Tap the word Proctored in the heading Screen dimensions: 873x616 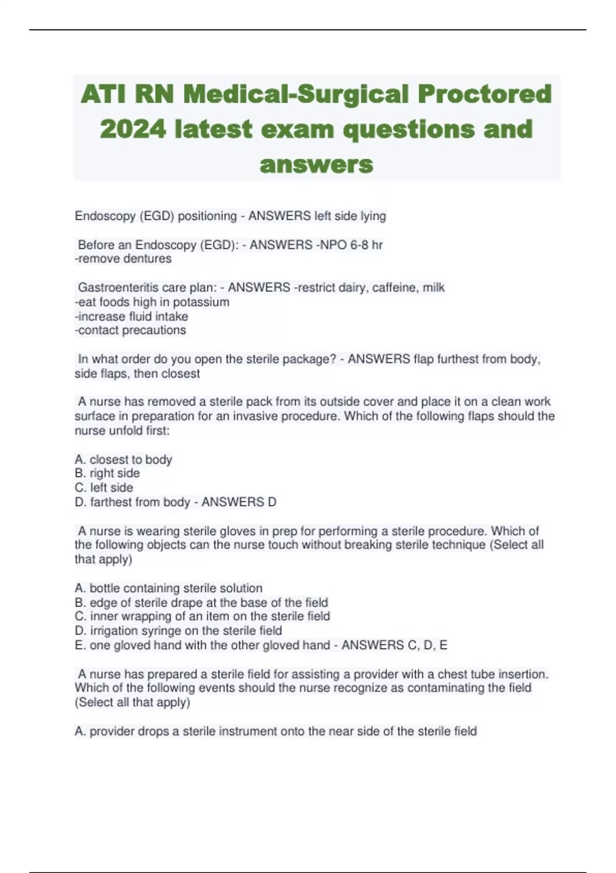[485, 94]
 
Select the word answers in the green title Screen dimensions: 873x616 [316, 164]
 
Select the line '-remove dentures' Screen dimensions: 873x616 [123, 259]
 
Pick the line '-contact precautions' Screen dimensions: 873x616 [130, 330]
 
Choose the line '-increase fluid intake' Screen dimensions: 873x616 [131, 316]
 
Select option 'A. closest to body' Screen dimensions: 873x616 [123, 460]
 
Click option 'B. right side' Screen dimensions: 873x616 [107, 473]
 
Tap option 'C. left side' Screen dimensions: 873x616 [104, 488]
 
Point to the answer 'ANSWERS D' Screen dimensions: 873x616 [239, 502]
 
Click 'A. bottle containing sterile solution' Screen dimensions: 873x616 [168, 588]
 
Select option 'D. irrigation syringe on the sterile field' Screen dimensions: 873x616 [178, 631]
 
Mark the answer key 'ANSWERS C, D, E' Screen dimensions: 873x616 [394, 645]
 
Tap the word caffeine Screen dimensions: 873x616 [394, 288]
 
